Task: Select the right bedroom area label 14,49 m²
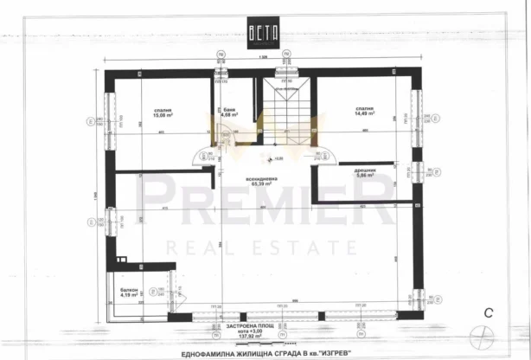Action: click(363, 113)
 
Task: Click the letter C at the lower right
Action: click(489, 312)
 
